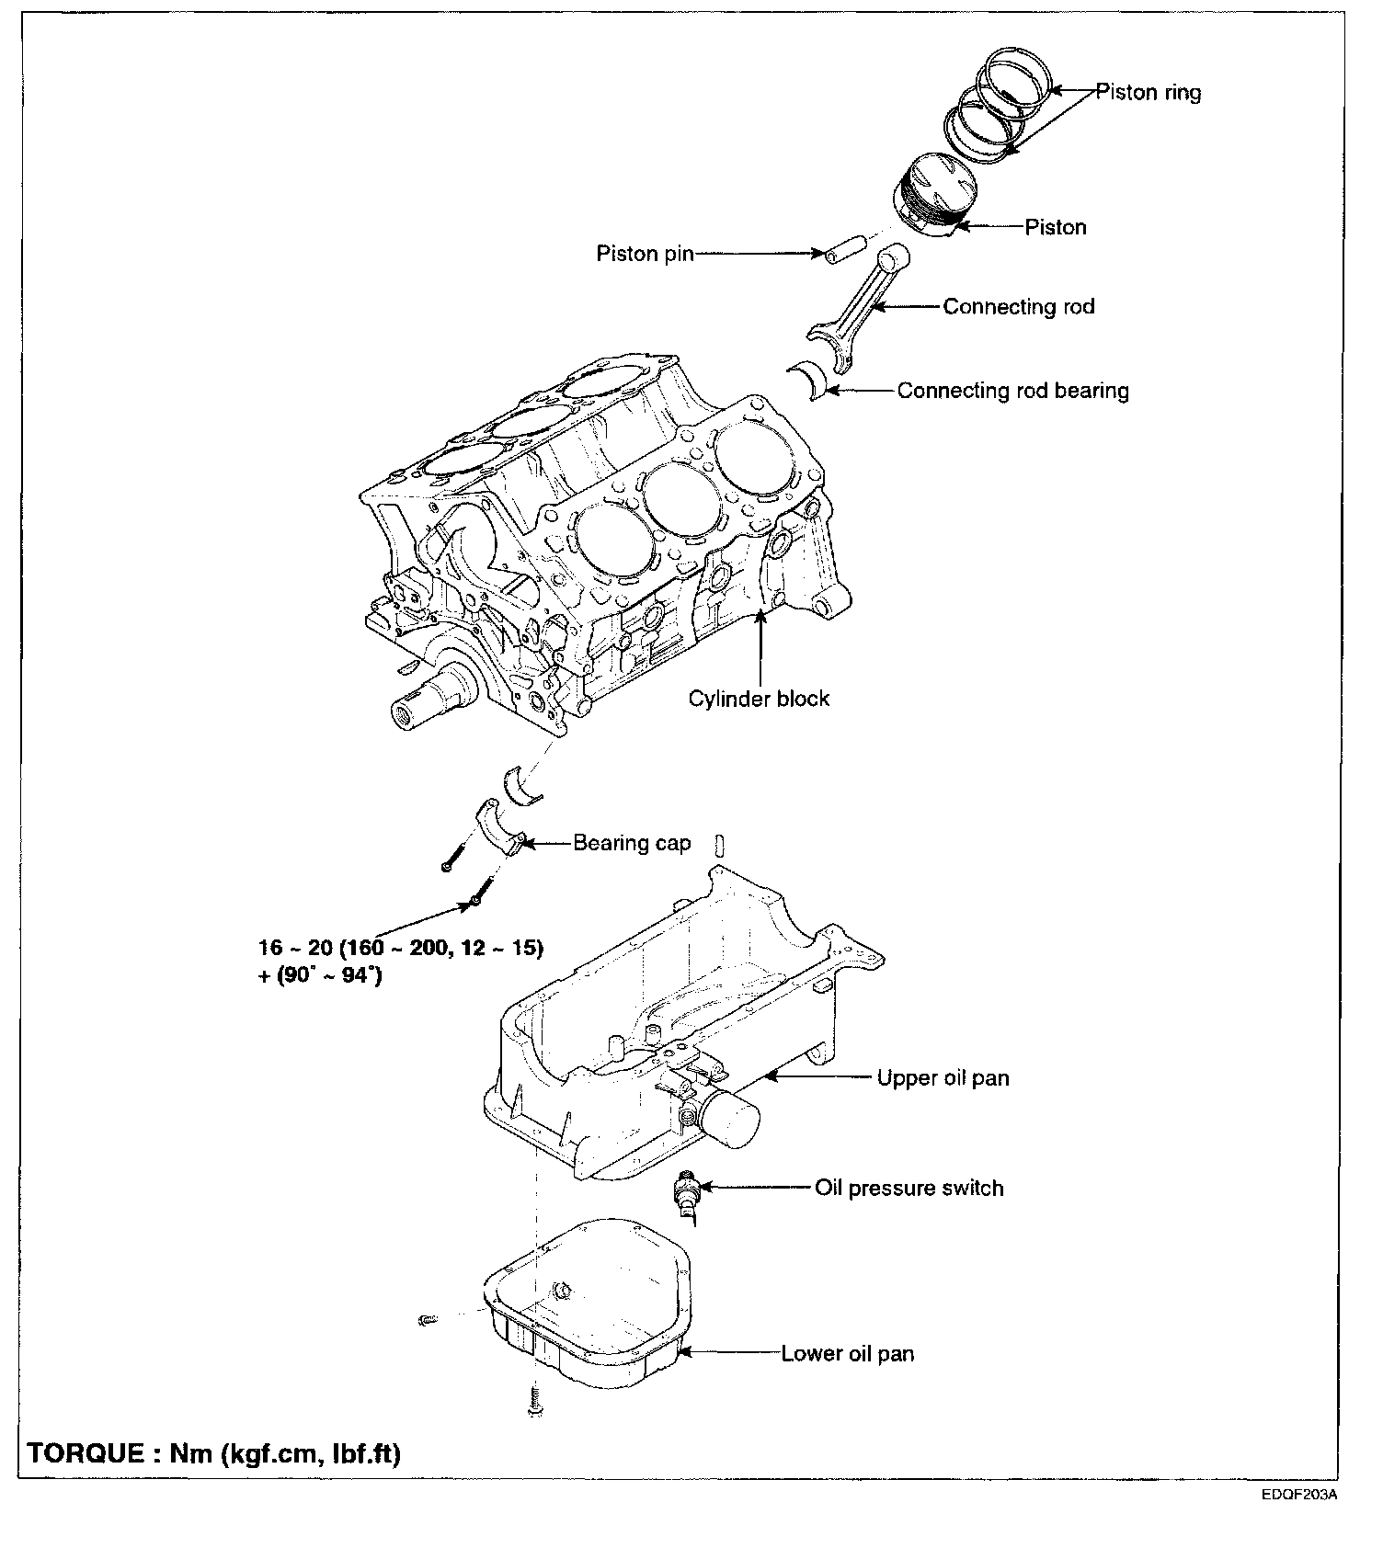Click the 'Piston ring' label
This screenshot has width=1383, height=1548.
(x=1148, y=92)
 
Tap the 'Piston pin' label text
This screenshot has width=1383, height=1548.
(x=645, y=253)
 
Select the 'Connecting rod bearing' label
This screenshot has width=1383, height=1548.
(x=1012, y=391)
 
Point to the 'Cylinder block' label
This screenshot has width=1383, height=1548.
(x=759, y=699)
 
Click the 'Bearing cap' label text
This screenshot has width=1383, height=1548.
(x=632, y=843)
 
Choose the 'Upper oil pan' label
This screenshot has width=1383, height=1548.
(x=943, y=1077)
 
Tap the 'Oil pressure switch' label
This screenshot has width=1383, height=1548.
(x=909, y=1188)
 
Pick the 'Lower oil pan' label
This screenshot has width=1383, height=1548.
(x=847, y=1353)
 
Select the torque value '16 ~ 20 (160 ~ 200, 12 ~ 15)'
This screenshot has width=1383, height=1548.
(x=401, y=948)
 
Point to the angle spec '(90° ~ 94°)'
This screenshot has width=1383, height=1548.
(x=329, y=976)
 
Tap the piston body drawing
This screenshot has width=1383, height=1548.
(x=935, y=195)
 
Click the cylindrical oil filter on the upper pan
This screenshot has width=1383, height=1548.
(x=731, y=1119)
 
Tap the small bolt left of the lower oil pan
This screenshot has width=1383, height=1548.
(x=427, y=1321)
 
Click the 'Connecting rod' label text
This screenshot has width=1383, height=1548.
(x=1018, y=306)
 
